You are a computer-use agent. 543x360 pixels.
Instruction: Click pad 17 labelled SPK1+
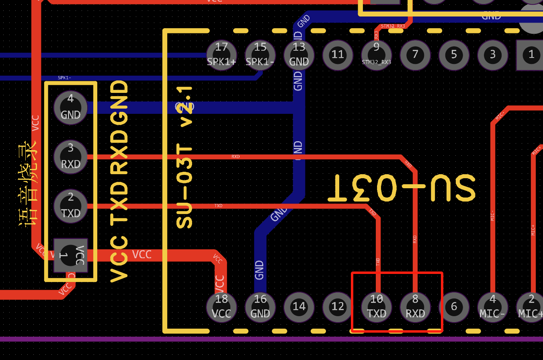pos(221,55)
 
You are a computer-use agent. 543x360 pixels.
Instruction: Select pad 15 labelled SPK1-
pos(260,55)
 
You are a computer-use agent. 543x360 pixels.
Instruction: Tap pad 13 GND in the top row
pos(299,55)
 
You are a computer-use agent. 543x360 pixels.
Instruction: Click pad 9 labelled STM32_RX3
pos(376,54)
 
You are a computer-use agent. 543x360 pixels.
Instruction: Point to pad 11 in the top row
pos(338,54)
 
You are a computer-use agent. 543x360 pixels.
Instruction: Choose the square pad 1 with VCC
pos(71,255)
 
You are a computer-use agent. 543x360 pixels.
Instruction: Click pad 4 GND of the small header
pos(71,107)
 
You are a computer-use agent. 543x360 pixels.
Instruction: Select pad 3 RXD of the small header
pos(71,156)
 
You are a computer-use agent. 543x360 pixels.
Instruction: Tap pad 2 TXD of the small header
pos(71,206)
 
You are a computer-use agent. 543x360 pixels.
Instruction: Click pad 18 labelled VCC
pos(221,307)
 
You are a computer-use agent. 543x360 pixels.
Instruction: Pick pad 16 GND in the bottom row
pos(260,307)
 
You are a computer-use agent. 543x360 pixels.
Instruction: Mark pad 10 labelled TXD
pos(377,307)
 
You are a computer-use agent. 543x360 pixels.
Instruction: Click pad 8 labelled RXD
pos(415,307)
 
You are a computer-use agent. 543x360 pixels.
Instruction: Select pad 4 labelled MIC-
pos(493,307)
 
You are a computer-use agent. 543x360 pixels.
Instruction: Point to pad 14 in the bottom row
pos(299,307)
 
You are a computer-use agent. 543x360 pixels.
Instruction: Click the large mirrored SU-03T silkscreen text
pos(402,188)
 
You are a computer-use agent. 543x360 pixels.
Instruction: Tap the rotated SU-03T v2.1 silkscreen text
pos(184,157)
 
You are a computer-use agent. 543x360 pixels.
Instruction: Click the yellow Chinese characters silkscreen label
pos(28,183)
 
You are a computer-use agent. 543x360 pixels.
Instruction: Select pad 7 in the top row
pos(415,54)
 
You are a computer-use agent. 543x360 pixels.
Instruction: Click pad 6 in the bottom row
pos(454,307)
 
